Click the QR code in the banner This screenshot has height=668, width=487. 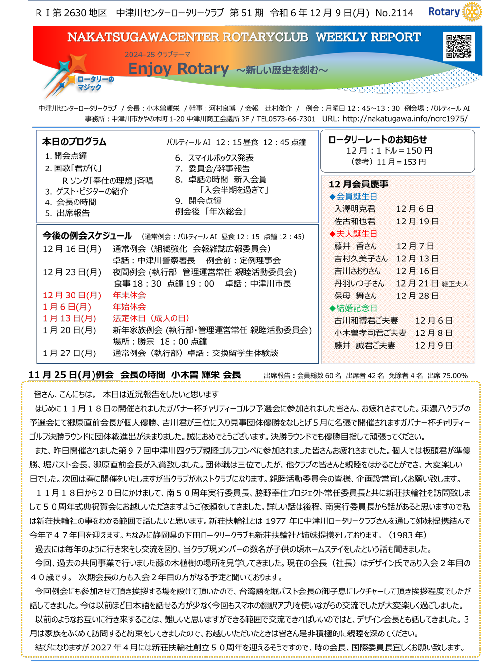[x=459, y=47]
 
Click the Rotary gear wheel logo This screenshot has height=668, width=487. [x=471, y=12]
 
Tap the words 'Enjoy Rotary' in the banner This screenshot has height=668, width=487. [x=178, y=69]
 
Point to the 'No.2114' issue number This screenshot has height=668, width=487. [x=394, y=13]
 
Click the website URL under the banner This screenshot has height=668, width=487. [x=404, y=118]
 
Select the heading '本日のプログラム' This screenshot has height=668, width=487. [x=74, y=142]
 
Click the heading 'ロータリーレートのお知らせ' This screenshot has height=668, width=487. [x=377, y=140]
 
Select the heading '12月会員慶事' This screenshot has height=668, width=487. [x=358, y=184]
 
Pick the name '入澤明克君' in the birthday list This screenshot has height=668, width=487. [x=355, y=209]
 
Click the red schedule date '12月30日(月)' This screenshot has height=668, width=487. [x=72, y=295]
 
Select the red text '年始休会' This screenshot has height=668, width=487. [x=129, y=307]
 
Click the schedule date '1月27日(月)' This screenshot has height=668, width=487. [x=70, y=353]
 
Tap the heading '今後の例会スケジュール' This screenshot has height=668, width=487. [x=87, y=236]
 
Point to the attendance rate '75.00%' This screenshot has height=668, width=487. [x=454, y=376]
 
